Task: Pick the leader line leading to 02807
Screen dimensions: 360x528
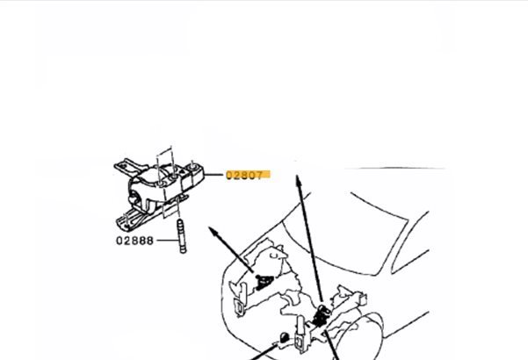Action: [214, 175]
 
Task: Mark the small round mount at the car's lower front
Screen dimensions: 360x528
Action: [285, 337]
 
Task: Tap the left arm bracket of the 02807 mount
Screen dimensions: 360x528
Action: [127, 165]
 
